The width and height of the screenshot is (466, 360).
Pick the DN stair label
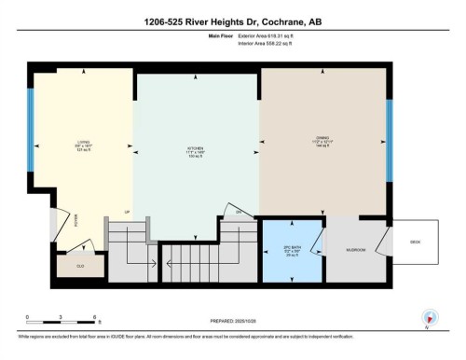click(x=239, y=213)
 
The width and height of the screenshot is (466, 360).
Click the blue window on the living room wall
click(x=30, y=130)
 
